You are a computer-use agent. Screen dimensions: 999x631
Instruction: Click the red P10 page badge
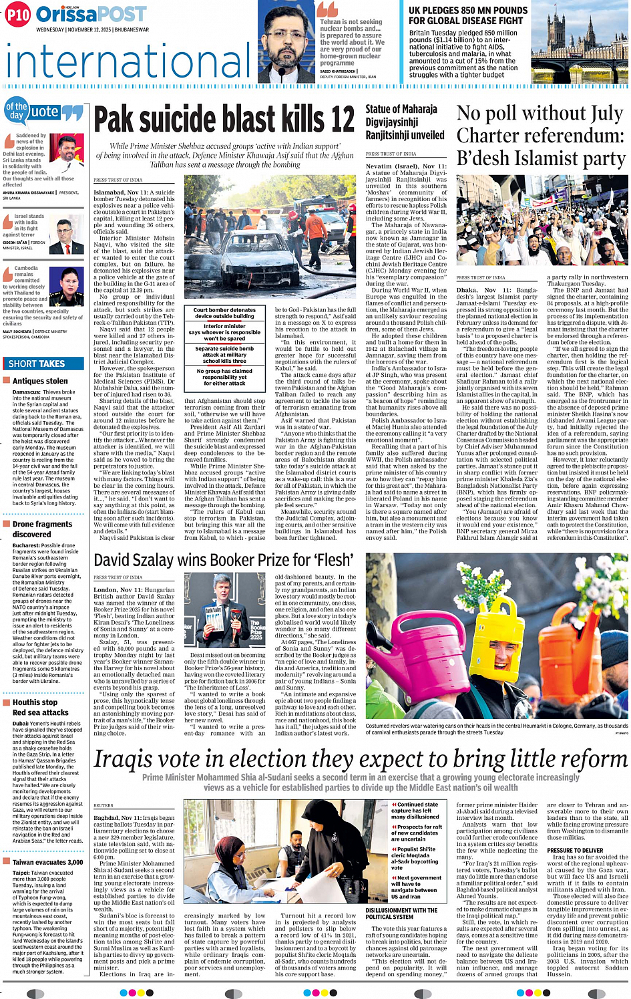18,15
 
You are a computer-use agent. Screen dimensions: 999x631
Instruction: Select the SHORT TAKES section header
37,364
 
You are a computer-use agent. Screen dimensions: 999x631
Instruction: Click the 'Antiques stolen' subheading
40,381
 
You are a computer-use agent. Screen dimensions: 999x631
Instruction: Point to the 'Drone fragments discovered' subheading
41,529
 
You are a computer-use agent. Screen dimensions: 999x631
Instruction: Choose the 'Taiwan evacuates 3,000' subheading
47,862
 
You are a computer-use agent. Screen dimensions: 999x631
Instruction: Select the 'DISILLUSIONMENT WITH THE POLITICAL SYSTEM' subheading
401,913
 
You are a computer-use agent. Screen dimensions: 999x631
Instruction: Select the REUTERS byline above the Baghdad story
103,805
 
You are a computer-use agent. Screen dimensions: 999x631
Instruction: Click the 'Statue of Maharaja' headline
401,109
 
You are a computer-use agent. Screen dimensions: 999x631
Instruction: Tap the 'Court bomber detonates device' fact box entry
224,313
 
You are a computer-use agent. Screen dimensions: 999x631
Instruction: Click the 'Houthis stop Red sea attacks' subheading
40,707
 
